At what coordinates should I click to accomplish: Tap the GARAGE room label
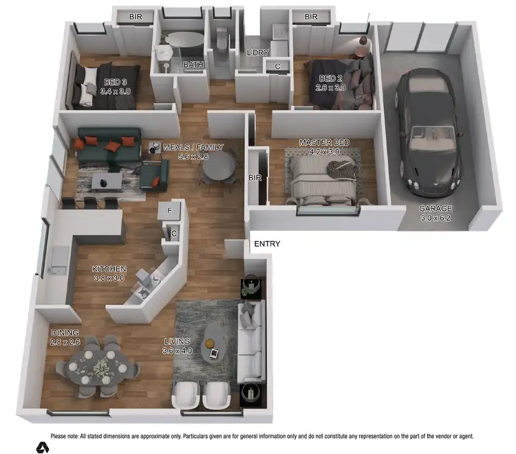click(436, 208)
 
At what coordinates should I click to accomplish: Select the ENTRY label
click(267, 244)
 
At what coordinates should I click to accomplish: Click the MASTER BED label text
click(324, 142)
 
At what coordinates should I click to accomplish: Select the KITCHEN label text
click(109, 269)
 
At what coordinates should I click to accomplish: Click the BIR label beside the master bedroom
click(255, 178)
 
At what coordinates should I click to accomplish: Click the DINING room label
click(65, 333)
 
